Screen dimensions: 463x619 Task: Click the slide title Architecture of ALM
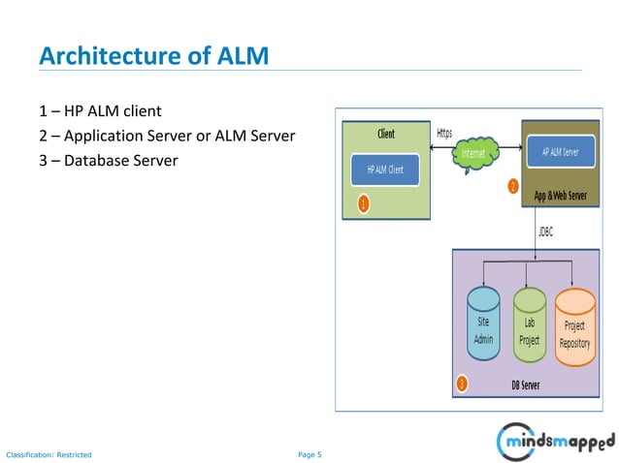pyautogui.click(x=153, y=56)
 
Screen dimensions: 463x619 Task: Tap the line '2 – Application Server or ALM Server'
pyautogui.click(x=167, y=135)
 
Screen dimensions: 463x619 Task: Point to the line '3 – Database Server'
pyautogui.click(x=109, y=160)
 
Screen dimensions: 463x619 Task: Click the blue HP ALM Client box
pyautogui.click(x=385, y=170)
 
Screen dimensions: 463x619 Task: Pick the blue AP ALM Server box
pyautogui.click(x=559, y=151)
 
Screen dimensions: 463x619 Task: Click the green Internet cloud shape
pyautogui.click(x=474, y=154)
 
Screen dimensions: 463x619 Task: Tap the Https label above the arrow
pyautogui.click(x=444, y=133)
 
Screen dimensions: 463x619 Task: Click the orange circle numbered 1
pyautogui.click(x=363, y=204)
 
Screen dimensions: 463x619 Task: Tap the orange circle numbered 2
pyautogui.click(x=513, y=187)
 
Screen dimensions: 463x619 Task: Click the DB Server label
pyautogui.click(x=526, y=386)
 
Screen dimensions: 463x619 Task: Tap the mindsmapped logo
pyautogui.click(x=555, y=442)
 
